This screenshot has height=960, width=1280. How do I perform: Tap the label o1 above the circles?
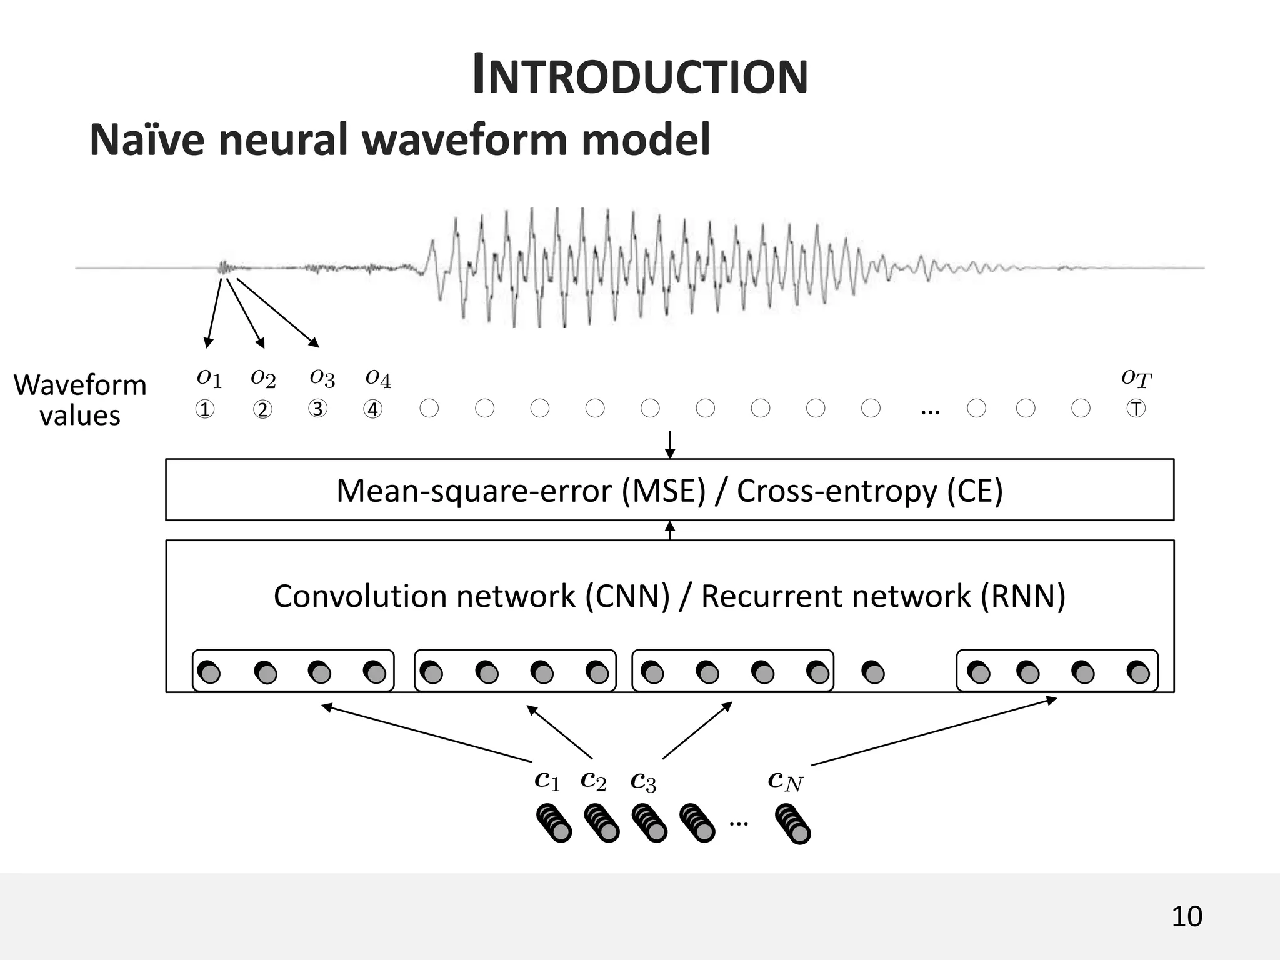pos(209,377)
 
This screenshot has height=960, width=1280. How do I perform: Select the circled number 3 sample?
pos(317,409)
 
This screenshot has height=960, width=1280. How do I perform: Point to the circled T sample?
pos(1136,409)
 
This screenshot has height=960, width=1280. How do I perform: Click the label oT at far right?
pos(1136,377)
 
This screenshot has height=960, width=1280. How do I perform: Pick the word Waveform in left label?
pos(80,385)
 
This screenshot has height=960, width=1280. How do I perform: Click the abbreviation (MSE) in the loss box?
pos(664,491)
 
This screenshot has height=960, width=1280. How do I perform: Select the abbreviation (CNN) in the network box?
pos(627,596)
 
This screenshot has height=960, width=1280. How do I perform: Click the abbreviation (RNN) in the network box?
pos(1022,596)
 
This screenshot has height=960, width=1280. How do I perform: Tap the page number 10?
pos(1186,916)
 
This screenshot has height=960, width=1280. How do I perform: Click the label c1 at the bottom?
pos(547,780)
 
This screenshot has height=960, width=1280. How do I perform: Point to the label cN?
pos(785,780)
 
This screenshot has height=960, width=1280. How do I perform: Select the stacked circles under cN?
pos(792,824)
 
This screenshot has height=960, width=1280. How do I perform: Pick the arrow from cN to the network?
pos(934,731)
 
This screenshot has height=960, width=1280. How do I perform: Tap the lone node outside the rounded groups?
pos(873,672)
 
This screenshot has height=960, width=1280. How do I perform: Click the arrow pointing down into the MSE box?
pos(670,444)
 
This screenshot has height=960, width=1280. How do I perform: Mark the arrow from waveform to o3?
pos(277,312)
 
